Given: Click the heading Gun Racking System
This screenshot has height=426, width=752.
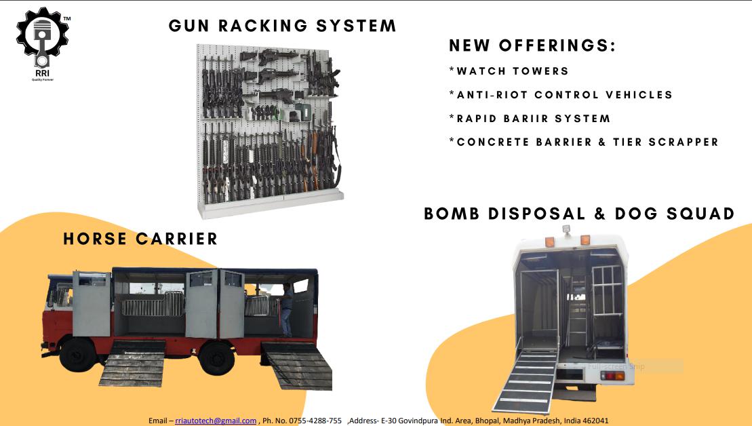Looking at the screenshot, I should [x=282, y=26].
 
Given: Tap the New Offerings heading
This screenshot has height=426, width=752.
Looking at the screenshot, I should [x=532, y=46].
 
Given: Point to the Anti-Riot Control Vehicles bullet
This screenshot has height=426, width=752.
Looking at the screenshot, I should [x=561, y=95].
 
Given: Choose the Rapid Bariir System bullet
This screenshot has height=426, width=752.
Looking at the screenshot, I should [x=530, y=119].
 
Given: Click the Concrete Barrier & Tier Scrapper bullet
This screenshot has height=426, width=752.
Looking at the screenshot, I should [x=584, y=142].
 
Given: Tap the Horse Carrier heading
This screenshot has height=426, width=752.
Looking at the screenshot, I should [x=140, y=239].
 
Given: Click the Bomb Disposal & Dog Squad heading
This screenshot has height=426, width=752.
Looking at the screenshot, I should [x=579, y=214].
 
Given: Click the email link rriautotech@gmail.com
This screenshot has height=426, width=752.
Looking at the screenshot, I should [x=216, y=421].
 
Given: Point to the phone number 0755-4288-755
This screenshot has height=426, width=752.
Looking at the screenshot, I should [x=315, y=421].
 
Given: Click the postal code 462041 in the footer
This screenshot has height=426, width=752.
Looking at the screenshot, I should [x=595, y=421].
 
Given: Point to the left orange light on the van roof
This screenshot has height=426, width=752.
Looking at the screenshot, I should [x=547, y=241].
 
